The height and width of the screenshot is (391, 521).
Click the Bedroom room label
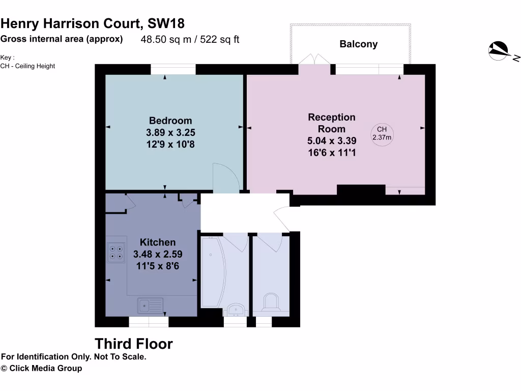tap(170, 121)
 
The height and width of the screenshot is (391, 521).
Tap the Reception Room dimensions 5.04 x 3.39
tap(332, 141)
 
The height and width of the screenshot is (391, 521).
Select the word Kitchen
tap(158, 242)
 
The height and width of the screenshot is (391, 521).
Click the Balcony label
tap(358, 44)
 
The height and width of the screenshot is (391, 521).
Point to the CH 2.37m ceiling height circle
tap(382, 134)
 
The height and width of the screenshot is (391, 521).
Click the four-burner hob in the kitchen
tap(116, 253)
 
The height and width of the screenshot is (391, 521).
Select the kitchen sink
tap(150, 305)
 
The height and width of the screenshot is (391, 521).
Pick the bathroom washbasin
tap(236, 309)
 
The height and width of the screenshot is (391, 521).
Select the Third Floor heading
tap(134, 344)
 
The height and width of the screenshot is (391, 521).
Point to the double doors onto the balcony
tap(314, 59)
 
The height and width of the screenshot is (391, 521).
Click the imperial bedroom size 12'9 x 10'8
tap(170, 145)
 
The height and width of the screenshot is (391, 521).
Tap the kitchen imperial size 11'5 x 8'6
tap(158, 266)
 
